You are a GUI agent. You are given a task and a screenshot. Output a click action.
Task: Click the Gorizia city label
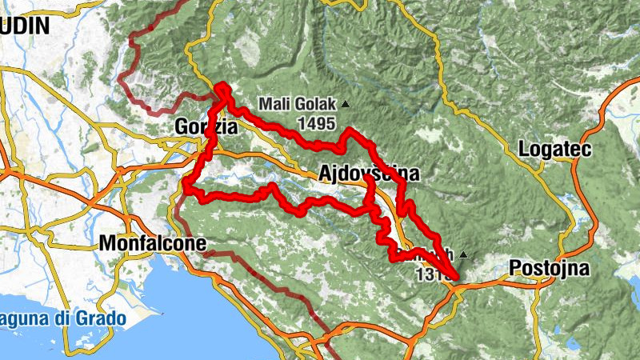coord(206,126)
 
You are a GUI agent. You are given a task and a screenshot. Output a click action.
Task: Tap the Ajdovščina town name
coord(368,174)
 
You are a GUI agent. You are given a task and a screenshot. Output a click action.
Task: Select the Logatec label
coord(554,150)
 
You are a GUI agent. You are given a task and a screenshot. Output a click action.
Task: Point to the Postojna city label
coord(550,266)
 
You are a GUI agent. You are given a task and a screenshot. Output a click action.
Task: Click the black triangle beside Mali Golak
coord(346,104)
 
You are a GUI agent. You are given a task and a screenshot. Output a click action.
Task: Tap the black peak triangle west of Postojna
coord(462,256)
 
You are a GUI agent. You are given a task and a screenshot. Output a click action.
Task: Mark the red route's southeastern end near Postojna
coord(456,278)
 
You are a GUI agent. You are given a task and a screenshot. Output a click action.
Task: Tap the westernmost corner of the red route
coord(186,186)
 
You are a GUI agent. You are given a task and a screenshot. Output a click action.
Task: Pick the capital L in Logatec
coord(524,150)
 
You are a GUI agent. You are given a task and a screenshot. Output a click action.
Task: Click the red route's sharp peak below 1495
coord(350,130)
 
